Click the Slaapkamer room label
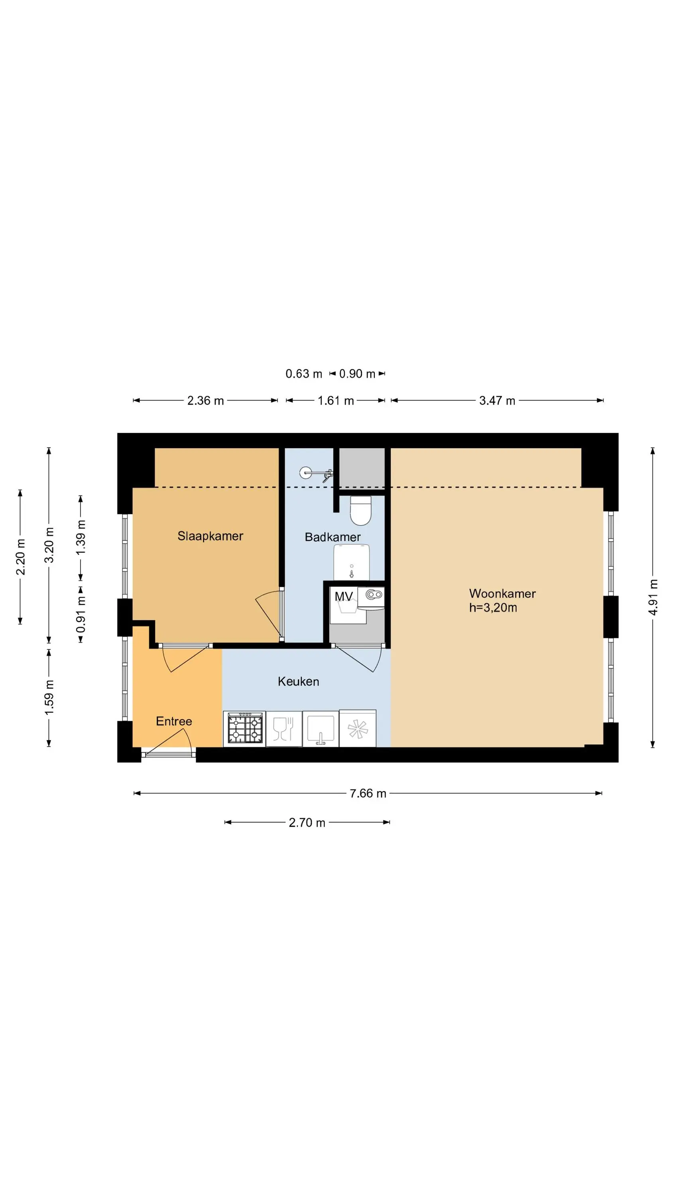pyautogui.click(x=210, y=536)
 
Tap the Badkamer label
pyautogui.click(x=333, y=537)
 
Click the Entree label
pyautogui.click(x=174, y=721)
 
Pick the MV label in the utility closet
pyautogui.click(x=344, y=596)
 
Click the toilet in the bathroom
pyautogui.click(x=361, y=510)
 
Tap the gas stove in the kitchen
pyautogui.click(x=245, y=728)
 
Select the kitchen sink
pyautogui.click(x=321, y=728)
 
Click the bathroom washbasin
pyautogui.click(x=352, y=562)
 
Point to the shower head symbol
pyautogui.click(x=316, y=474)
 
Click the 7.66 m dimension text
pyautogui.click(x=368, y=793)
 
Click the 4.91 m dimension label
pyautogui.click(x=653, y=597)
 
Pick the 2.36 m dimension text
pyautogui.click(x=205, y=400)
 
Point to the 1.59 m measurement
pyautogui.click(x=49, y=697)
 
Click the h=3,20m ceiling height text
pyautogui.click(x=493, y=607)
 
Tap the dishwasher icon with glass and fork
pyautogui.click(x=283, y=728)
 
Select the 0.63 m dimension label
pyautogui.click(x=304, y=374)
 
